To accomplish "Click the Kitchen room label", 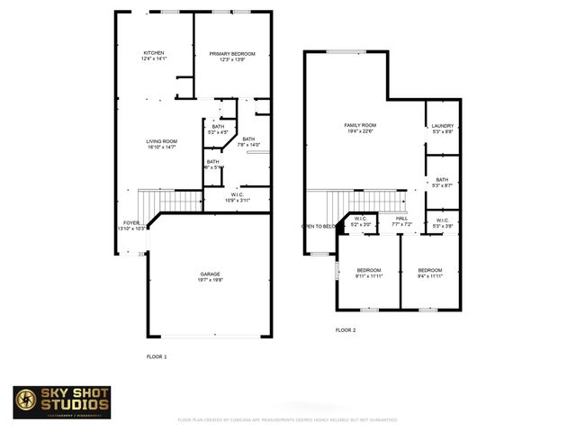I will [153, 55].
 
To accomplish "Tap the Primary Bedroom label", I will [232, 55].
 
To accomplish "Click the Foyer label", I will [131, 223].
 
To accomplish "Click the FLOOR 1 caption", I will [157, 357].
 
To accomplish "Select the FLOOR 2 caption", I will [346, 330].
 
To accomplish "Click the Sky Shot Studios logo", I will [62, 402].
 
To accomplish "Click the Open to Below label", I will [319, 226].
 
